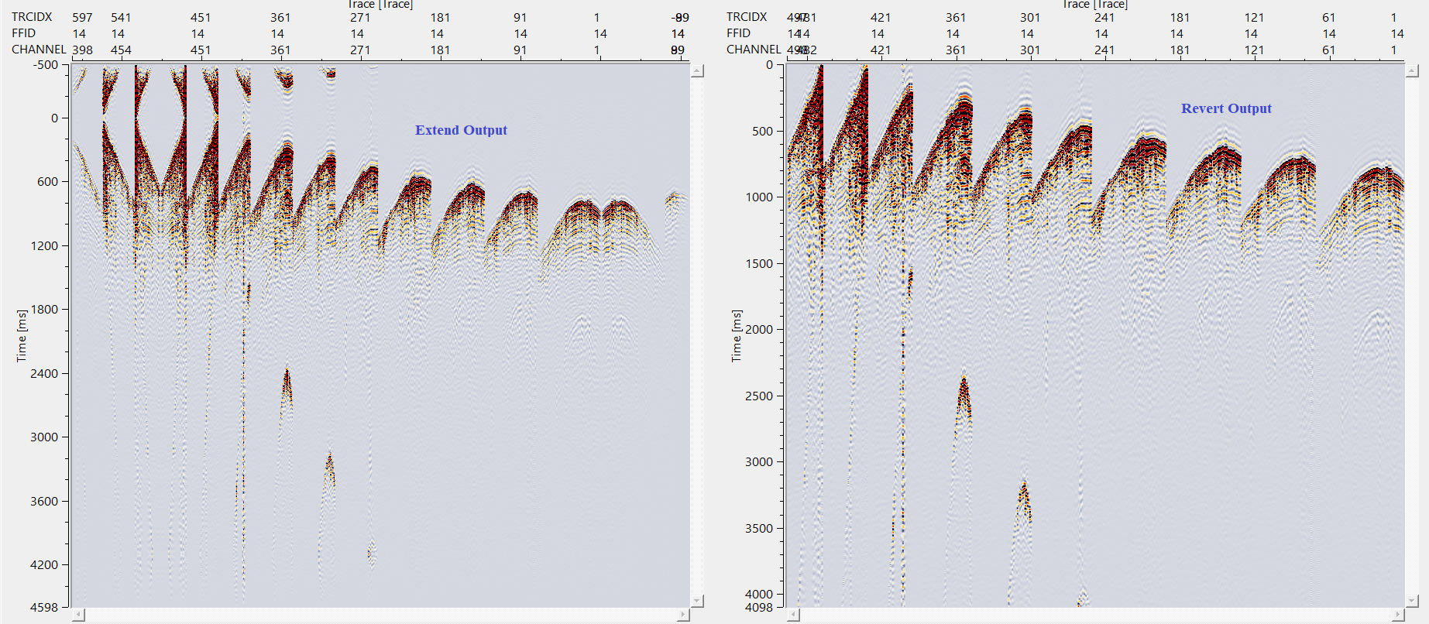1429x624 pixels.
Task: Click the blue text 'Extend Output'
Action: (461, 130)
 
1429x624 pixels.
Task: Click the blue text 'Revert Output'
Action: (1226, 108)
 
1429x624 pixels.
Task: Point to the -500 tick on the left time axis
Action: (46, 65)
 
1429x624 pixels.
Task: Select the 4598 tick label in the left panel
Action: (44, 608)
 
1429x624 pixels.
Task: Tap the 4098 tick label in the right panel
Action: (759, 608)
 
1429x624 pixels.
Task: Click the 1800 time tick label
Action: (44, 310)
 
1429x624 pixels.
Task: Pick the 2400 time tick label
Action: (44, 374)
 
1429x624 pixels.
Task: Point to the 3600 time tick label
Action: (44, 502)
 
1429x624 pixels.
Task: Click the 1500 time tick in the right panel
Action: (759, 264)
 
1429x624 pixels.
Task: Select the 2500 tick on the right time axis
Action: (759, 396)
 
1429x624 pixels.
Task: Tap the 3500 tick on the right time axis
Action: (759, 529)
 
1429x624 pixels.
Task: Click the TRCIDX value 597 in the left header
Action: (82, 18)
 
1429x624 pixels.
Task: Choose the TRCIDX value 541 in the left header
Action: (121, 18)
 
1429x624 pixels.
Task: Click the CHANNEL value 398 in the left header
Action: (82, 50)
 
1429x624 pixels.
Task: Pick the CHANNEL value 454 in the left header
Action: (121, 50)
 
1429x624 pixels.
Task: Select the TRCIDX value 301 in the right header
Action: (1030, 18)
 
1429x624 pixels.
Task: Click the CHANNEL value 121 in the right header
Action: (1254, 50)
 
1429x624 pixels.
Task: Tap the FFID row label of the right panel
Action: (738, 33)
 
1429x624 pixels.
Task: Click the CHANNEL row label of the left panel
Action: (39, 50)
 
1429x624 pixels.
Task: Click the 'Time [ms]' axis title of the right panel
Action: (737, 336)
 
